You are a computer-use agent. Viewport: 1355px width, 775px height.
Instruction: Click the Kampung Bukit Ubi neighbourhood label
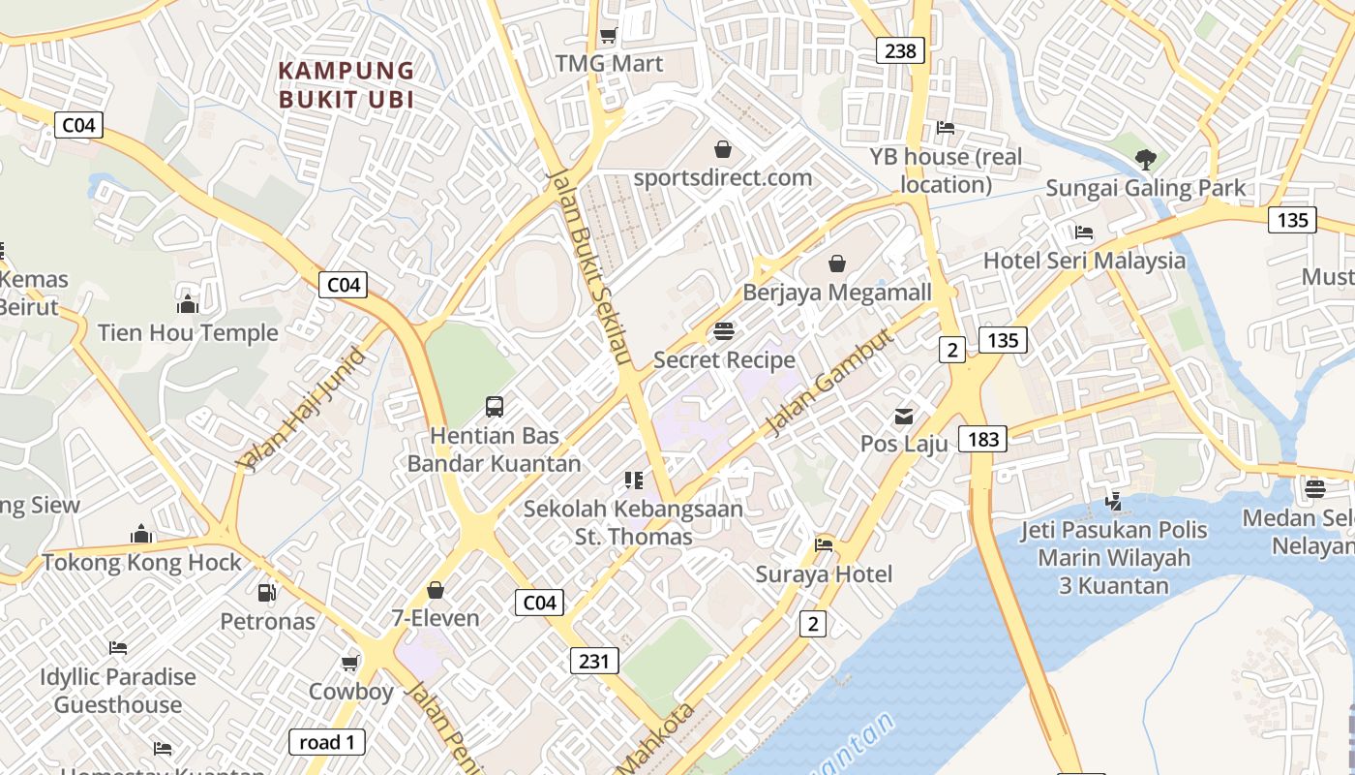coord(346,85)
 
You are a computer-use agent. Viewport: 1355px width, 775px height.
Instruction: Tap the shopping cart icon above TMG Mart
coord(608,36)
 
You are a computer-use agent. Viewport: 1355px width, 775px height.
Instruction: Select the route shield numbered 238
coord(900,50)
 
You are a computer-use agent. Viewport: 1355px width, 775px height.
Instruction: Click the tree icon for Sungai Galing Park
coord(1146,158)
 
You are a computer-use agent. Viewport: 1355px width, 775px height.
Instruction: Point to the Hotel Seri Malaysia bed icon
coord(1084,232)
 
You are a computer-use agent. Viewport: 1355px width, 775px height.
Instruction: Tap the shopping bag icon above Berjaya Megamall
coord(837,263)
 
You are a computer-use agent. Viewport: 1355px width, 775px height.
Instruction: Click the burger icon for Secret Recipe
coord(723,331)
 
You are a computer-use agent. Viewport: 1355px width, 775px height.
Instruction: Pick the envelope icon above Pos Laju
coord(903,417)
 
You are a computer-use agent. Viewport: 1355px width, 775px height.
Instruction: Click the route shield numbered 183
coord(982,439)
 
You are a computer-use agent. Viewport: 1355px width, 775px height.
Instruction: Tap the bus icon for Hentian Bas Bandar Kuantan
coord(495,407)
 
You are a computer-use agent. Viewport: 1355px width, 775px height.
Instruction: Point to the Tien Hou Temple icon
coord(188,305)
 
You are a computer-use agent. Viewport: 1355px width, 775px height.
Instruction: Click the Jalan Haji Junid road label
coord(304,409)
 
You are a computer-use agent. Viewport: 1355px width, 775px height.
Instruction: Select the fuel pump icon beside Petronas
coord(266,592)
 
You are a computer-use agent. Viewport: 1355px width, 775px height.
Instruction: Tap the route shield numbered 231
coord(593,661)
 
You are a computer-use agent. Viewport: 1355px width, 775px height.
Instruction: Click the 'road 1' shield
coord(327,742)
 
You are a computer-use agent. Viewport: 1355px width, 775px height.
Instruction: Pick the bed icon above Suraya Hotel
coord(824,545)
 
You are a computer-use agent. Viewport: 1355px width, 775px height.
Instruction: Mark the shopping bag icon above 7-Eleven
coord(436,590)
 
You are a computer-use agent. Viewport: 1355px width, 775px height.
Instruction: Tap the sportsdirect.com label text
coord(722,177)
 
